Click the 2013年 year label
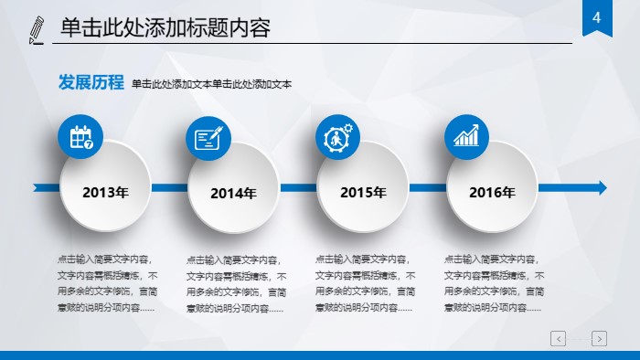point(105,193)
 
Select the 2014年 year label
point(233,194)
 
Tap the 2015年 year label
point(363,193)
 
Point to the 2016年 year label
point(492,193)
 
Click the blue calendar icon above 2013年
point(81,138)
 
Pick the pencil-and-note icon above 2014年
point(209,139)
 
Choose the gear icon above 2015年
point(338,138)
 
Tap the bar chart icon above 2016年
point(467,137)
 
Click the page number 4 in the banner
point(597,19)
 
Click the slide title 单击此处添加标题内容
point(165,28)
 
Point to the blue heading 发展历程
point(91,83)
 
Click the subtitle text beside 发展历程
point(211,85)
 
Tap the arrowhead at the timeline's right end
point(600,187)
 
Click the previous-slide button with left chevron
point(558,339)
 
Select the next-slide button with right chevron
point(599,339)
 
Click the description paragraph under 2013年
point(107,283)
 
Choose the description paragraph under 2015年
point(365,283)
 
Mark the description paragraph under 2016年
point(494,283)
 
